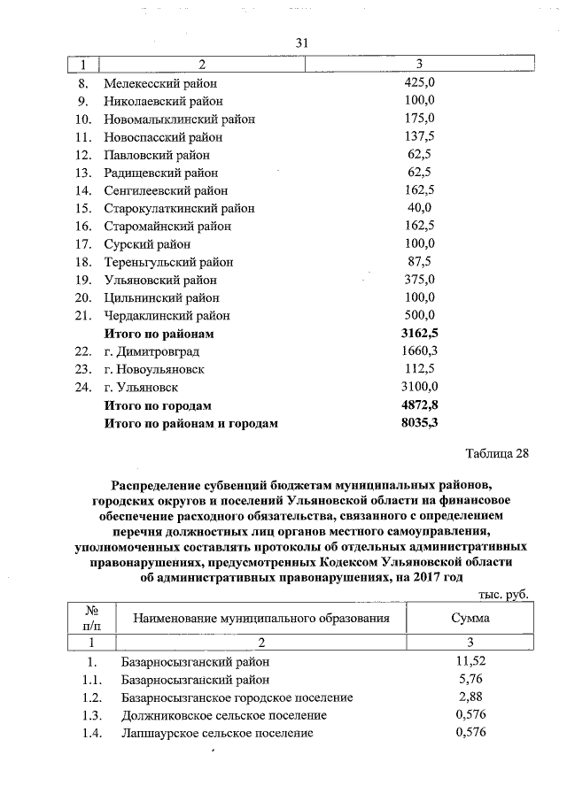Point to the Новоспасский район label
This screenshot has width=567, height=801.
point(163,137)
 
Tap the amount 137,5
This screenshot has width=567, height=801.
point(418,137)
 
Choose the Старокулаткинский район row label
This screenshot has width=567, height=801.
point(179,209)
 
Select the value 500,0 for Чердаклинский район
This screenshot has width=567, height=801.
point(418,316)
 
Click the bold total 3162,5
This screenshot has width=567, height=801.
point(420,334)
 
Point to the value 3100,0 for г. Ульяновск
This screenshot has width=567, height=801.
point(420,387)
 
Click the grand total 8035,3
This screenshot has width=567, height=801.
point(420,423)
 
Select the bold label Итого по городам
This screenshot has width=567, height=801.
point(158,405)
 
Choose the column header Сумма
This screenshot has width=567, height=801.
point(470,618)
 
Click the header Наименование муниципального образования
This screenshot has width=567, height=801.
point(256,618)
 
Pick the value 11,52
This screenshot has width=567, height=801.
point(470,661)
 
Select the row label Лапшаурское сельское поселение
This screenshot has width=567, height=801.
point(216,733)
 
